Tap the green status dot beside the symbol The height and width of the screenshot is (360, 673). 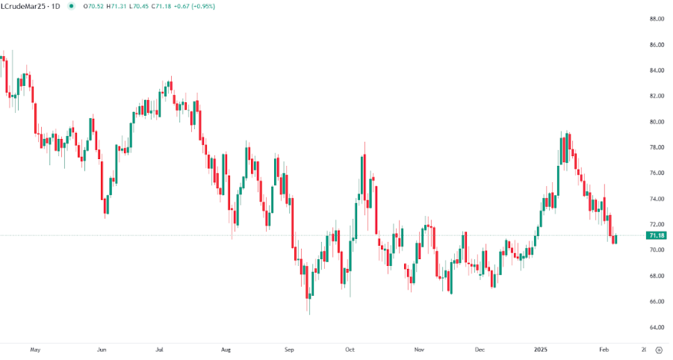71,6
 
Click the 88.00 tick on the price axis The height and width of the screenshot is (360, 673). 657,19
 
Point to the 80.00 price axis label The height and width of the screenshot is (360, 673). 657,122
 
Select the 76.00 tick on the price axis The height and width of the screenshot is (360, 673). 657,173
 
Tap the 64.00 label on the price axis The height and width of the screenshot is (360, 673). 657,327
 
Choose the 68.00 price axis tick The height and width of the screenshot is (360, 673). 657,276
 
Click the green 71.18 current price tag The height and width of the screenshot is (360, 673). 657,235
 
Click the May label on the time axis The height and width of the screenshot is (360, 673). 34,349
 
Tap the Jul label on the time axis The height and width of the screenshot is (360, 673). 159,349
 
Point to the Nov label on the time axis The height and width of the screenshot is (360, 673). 419,349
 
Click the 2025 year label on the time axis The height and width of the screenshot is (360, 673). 542,349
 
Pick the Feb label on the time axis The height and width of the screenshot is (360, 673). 604,349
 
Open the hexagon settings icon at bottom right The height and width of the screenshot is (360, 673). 658,349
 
